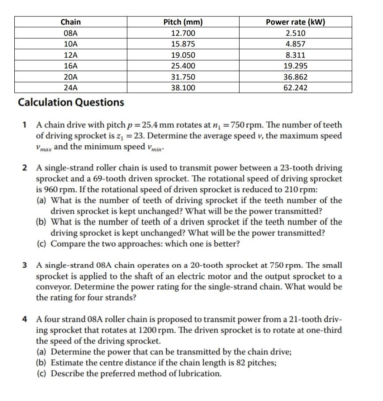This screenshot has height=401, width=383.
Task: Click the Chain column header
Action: (71, 22)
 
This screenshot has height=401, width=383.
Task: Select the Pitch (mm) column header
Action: (183, 22)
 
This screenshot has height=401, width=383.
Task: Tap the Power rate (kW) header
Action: (295, 22)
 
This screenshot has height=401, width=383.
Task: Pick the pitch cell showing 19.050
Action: (183, 55)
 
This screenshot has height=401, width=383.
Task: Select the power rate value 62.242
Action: (295, 88)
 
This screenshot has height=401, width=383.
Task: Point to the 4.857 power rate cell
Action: (295, 44)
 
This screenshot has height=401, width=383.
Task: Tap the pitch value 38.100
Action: (183, 88)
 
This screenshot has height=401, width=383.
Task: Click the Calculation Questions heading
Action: (71, 102)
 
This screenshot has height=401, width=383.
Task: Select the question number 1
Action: (25, 125)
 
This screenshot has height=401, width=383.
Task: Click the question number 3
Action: (25, 265)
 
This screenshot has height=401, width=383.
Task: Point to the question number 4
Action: (25, 319)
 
